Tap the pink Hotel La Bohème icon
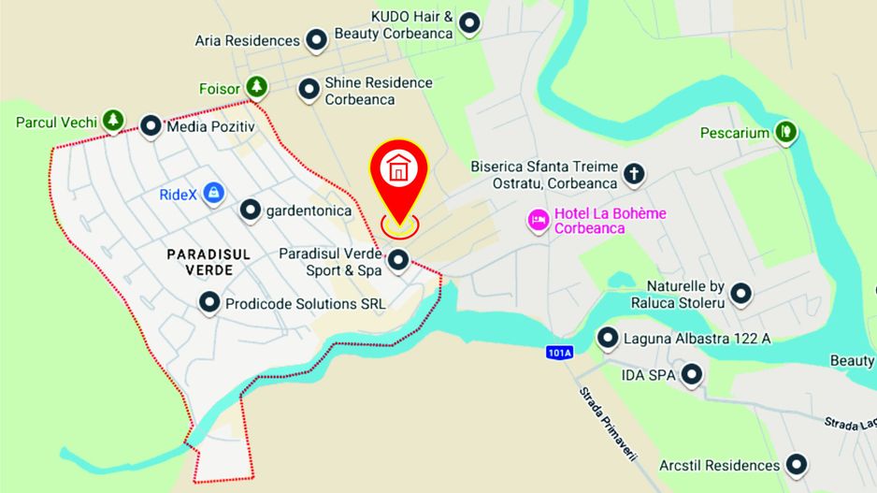pyautogui.click(x=538, y=220)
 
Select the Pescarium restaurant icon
pyautogui.click(x=787, y=132)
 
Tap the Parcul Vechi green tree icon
pyautogui.click(x=113, y=121)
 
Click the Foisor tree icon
pyautogui.click(x=256, y=88)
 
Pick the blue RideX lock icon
pyautogui.click(x=214, y=193)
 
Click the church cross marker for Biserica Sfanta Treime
pyautogui.click(x=634, y=174)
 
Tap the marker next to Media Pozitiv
pyautogui.click(x=151, y=126)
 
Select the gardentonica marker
pyautogui.click(x=250, y=210)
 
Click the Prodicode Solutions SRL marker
pyautogui.click(x=209, y=302)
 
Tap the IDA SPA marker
pyautogui.click(x=691, y=375)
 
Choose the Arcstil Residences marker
pyautogui.click(x=797, y=464)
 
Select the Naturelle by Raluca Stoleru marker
pyautogui.click(x=741, y=294)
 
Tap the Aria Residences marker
pyautogui.click(x=317, y=40)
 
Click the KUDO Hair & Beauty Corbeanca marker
pyautogui.click(x=469, y=22)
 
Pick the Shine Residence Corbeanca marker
pyautogui.click(x=309, y=90)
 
